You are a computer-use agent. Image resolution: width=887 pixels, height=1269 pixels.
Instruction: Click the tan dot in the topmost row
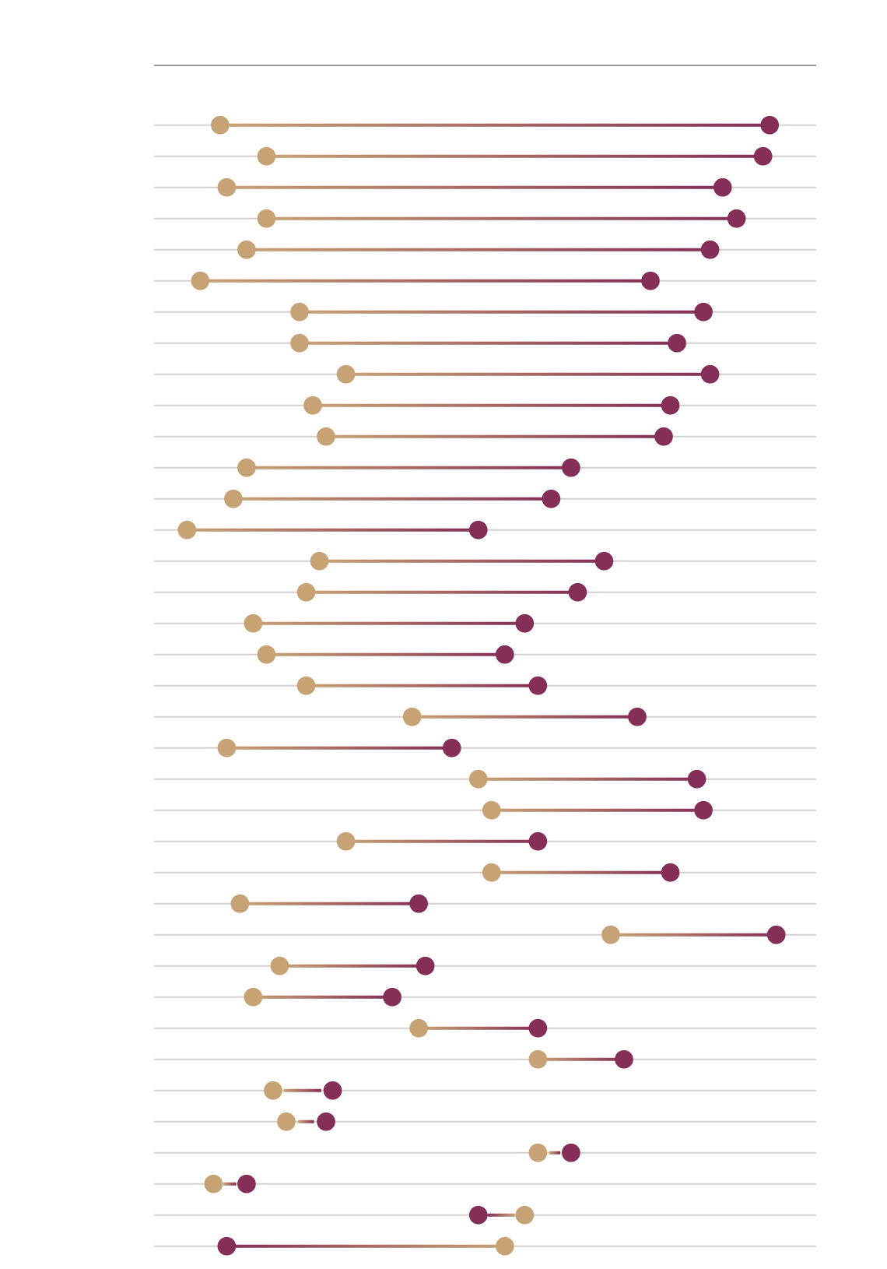220,125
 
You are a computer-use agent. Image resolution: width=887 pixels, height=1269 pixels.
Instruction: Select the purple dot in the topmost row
770,125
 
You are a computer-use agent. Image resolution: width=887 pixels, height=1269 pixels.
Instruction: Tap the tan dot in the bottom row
504,1246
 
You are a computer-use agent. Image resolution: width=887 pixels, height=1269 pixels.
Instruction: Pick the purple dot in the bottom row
226,1246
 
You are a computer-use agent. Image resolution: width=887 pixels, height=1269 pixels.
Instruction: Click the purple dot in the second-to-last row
479,1215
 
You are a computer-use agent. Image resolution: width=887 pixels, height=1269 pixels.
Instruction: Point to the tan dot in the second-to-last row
524,1215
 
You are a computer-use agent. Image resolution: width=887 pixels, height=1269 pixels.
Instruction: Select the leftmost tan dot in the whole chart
187,529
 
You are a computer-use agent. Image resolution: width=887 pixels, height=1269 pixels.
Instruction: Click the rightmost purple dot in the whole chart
776,934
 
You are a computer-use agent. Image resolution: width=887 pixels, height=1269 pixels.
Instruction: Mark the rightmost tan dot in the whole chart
611,934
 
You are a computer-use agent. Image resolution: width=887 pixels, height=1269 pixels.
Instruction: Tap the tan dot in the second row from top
266,156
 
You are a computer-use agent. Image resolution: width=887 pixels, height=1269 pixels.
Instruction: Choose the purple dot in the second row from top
763,156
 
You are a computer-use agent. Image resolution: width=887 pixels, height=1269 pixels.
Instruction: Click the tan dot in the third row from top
226,187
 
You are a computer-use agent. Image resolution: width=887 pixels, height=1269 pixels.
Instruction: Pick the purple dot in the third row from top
722,187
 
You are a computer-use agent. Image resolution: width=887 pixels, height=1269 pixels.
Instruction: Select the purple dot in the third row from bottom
246,1183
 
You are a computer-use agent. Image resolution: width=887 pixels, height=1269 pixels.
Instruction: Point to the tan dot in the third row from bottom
213,1183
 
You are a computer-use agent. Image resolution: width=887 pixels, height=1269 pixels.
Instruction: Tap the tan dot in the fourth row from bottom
538,1152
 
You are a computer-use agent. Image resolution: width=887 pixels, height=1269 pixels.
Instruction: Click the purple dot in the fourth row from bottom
570,1152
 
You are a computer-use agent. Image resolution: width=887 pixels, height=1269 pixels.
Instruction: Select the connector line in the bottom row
366,1246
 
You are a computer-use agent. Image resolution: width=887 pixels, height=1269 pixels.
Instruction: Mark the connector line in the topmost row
495,125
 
